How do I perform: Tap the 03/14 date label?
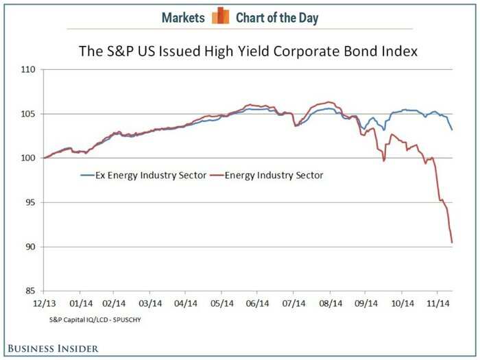point(151,302)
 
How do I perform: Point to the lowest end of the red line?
point(452,242)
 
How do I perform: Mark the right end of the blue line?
point(452,130)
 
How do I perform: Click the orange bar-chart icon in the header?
point(219,16)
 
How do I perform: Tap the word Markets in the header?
point(184,17)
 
